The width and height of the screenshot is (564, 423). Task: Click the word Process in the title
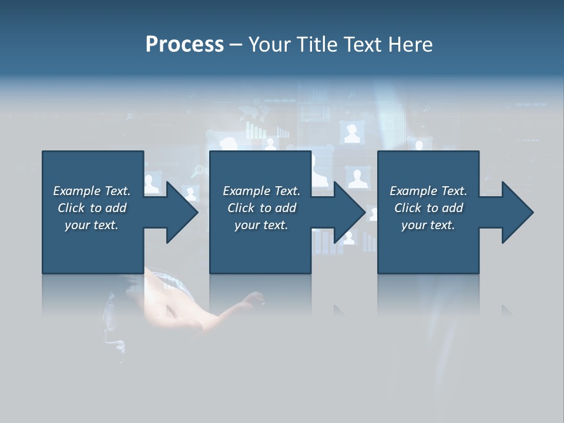[x=184, y=45]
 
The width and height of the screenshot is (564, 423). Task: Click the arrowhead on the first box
[x=181, y=212]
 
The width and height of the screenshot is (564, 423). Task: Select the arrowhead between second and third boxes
[x=348, y=212]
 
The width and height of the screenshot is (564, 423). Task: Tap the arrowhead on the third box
[x=516, y=212]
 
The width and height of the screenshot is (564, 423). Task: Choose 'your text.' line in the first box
[x=92, y=225]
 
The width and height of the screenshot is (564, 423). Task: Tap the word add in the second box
[x=286, y=208]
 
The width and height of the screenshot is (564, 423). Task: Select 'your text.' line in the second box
[x=261, y=225]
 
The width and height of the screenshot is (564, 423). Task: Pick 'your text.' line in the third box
[x=428, y=225]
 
